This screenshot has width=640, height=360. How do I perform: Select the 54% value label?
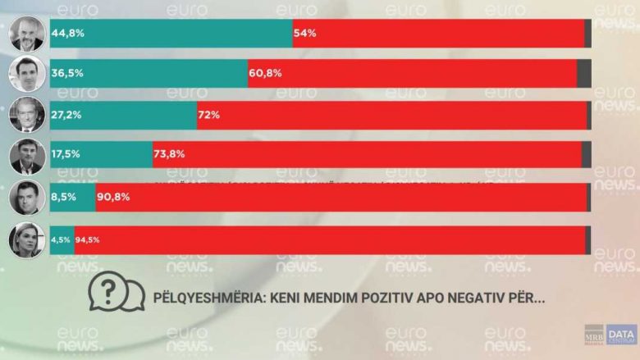304,34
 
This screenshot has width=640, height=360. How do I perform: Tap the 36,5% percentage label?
67,73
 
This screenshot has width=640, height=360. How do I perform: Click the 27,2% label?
67,115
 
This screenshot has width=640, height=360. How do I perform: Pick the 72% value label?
208,115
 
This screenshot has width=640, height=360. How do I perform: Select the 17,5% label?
67,154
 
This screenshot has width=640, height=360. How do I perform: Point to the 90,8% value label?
115,198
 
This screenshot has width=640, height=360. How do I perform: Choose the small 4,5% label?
62,240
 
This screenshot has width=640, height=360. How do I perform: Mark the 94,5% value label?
88,240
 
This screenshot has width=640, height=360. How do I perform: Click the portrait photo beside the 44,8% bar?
26,34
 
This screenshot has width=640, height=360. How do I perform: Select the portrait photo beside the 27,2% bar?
26,115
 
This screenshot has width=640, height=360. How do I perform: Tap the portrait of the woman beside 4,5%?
26,239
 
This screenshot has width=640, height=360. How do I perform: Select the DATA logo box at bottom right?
622,335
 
